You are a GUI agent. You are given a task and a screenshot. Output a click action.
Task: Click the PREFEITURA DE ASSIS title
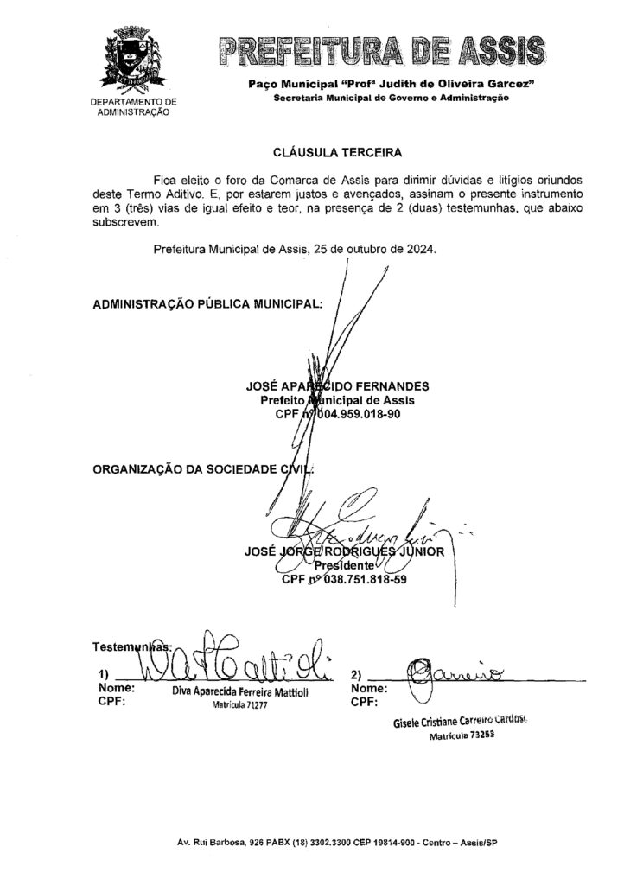pos(380,53)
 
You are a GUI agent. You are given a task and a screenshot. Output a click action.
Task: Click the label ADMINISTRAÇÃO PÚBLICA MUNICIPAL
pos(207,305)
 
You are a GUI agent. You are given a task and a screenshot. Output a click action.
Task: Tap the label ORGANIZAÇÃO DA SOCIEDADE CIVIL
pos(202,468)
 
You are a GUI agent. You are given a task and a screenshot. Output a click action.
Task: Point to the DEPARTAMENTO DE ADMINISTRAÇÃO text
pos(132,107)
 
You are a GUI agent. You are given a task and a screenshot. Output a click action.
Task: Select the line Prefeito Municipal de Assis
pos(337,401)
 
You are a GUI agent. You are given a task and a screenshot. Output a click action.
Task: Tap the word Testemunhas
pos(130,646)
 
